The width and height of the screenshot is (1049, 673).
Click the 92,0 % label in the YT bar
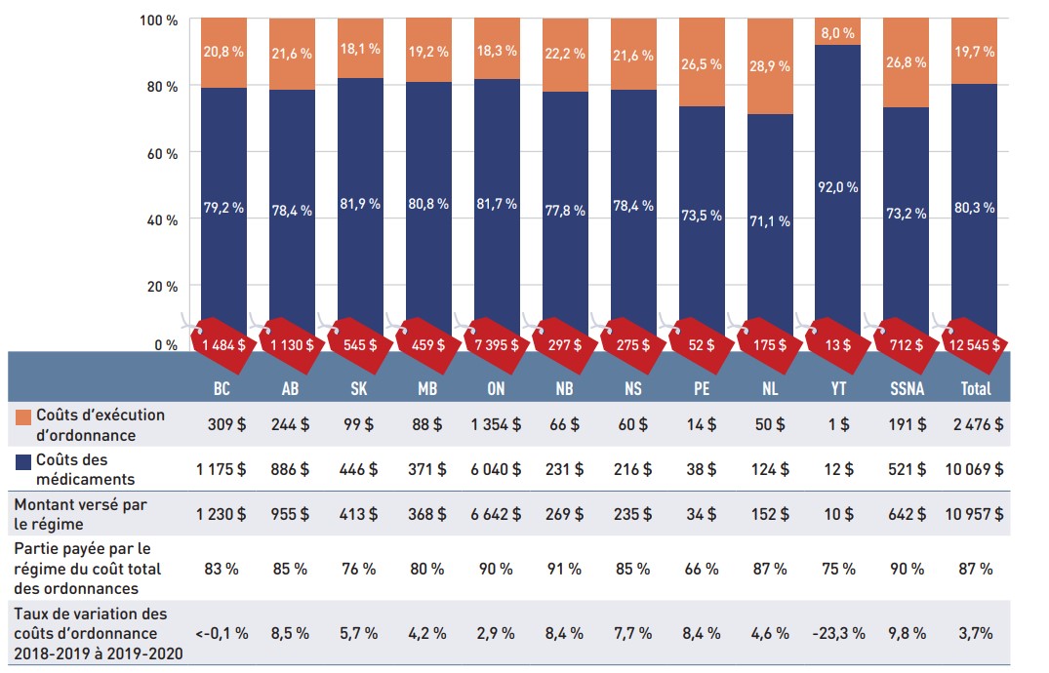[x=837, y=187]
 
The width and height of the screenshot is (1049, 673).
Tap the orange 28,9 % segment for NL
[x=770, y=66]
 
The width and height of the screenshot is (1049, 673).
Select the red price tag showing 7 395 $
[x=497, y=344]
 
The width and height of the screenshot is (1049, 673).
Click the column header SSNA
[x=906, y=388]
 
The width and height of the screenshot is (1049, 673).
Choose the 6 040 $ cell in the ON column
[x=497, y=469]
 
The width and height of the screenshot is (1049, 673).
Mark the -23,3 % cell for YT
[x=837, y=632]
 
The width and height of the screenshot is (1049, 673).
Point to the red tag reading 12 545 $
[x=974, y=344]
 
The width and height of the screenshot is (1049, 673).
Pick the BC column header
[x=223, y=388]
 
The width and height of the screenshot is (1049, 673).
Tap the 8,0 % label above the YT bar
[x=837, y=32]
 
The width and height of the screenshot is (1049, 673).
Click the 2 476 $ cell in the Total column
[x=974, y=424]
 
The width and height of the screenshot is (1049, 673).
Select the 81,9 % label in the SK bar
[x=360, y=204]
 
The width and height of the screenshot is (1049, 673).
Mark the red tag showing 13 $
[x=837, y=344]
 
